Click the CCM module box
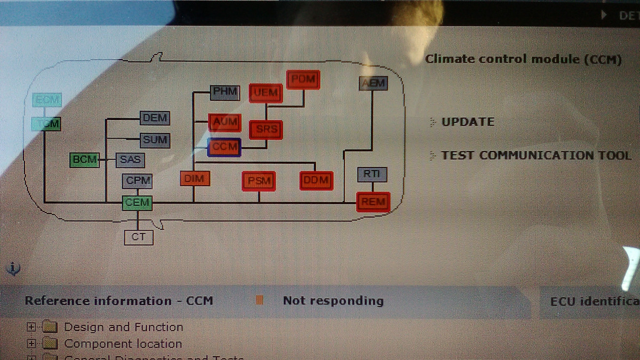pos(225,147)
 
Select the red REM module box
pos(373,202)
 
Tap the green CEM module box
pos(137,203)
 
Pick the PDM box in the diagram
pos(303,80)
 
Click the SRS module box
pos(266,129)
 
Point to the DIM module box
pos(194,179)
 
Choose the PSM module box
pos(259,181)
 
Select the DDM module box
pos(316,181)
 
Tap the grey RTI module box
pos(372,174)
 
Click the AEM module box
pos(373,84)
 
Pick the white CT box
pos(138,237)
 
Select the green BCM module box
pos(84,159)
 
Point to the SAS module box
pos(130,159)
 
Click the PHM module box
pos(225,92)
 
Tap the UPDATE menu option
pos(468,122)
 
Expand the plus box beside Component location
pos(31,344)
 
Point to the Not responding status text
pos(333,301)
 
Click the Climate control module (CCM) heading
pos(523,59)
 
